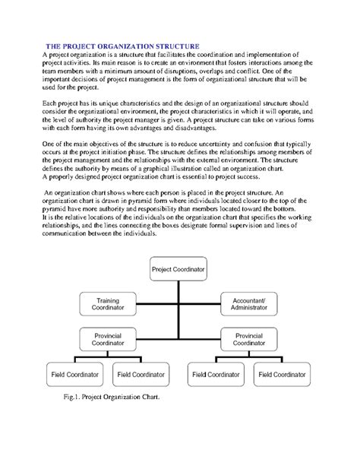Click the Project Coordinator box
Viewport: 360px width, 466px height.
click(x=178, y=269)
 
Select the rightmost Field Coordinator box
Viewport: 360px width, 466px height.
click(x=283, y=375)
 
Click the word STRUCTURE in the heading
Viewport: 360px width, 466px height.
click(x=176, y=46)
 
